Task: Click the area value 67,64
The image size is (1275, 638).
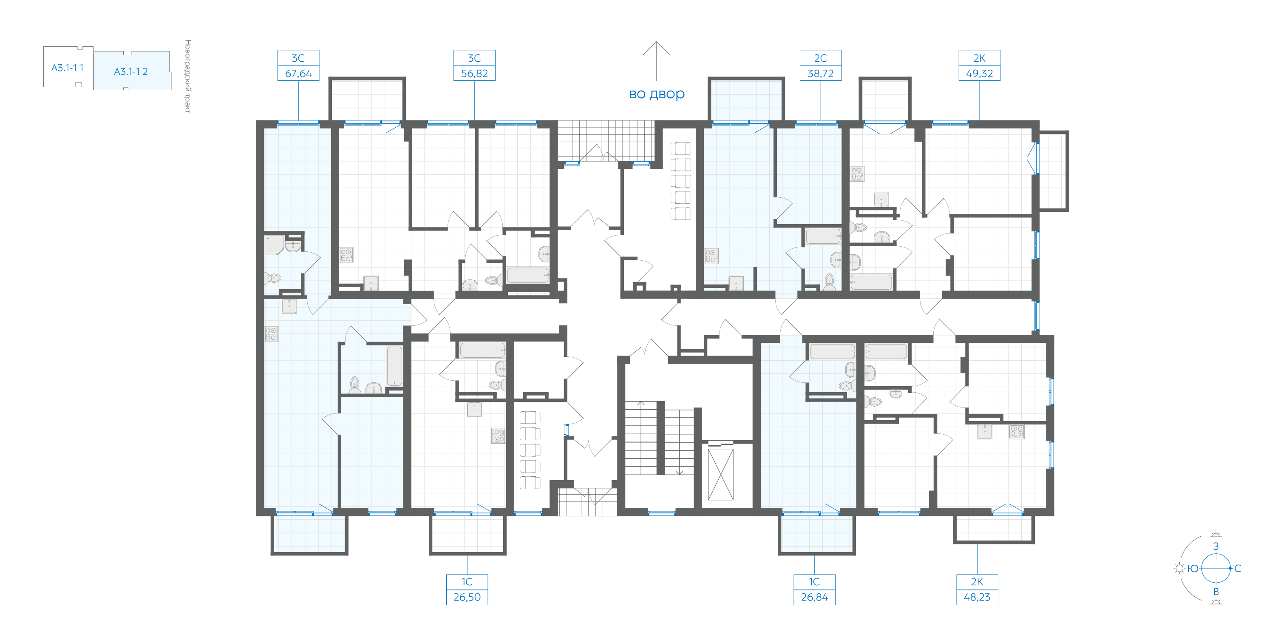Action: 298,73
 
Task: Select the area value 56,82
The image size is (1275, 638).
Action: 474,73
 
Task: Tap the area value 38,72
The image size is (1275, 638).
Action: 821,73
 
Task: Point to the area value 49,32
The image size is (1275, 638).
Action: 979,73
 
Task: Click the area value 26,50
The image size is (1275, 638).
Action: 467,597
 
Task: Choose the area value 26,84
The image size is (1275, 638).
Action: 814,597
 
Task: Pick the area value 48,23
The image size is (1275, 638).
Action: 977,597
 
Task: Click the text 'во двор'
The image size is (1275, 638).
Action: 657,94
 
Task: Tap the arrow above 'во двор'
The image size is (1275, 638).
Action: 656,61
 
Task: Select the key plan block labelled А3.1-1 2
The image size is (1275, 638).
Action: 132,71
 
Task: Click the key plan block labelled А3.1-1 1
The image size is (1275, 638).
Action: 68,67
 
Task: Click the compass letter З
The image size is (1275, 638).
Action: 1215,546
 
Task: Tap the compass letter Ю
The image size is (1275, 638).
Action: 1193,568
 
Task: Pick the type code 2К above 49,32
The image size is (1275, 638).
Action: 979,58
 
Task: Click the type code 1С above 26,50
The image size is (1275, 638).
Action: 467,581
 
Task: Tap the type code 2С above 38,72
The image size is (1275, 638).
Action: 821,58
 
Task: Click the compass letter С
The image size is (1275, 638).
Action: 1237,568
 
